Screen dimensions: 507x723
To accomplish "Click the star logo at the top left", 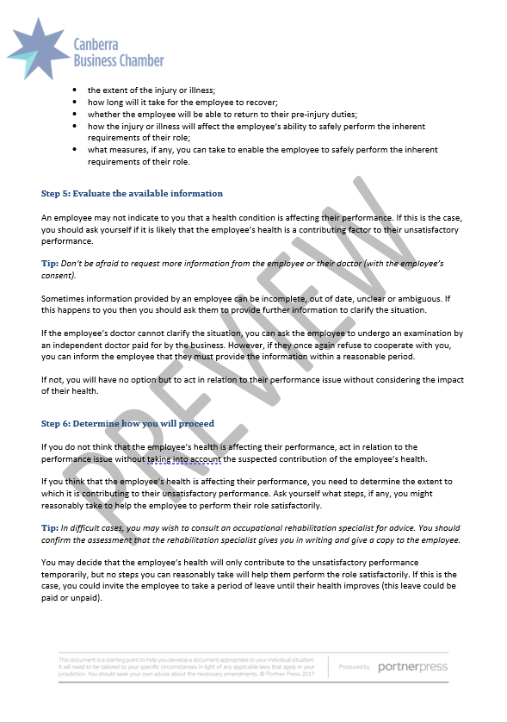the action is pyautogui.click(x=39, y=47).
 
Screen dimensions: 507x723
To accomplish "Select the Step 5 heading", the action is pyautogui.click(x=133, y=193).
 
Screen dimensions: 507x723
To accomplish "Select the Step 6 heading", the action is pyautogui.click(x=127, y=423).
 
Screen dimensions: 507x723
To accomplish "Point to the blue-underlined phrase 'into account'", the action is pyautogui.click(x=202, y=458).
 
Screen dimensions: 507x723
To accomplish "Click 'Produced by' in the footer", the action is pyautogui.click(x=355, y=668).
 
